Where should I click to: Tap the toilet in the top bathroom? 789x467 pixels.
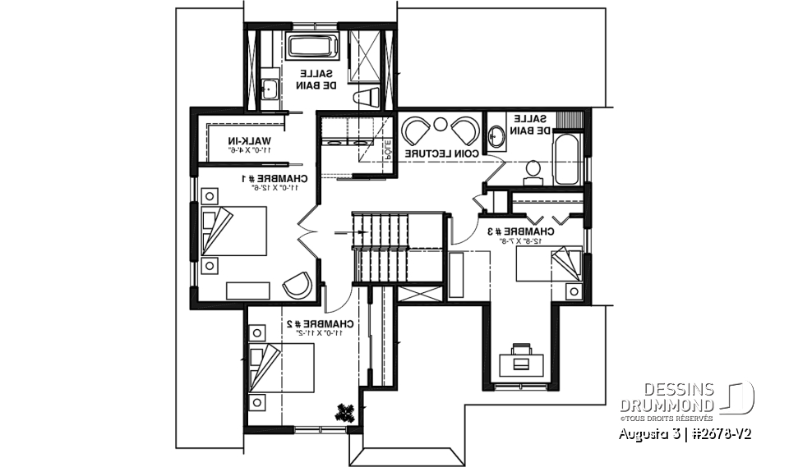367,98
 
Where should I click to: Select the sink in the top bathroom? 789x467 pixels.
268,88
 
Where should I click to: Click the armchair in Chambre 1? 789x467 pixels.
297,285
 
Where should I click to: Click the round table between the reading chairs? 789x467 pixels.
441,125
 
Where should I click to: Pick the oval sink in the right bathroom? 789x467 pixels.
497,136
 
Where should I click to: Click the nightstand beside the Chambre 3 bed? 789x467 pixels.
574,291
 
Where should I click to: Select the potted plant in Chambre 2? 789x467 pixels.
345,413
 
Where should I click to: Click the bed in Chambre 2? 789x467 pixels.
281,368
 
